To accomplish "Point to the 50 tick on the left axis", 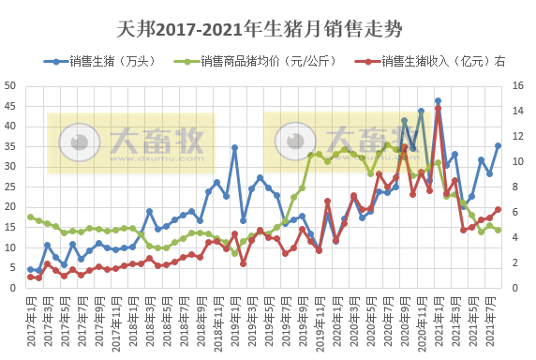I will click(12, 85).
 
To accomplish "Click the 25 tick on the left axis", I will click(12, 187).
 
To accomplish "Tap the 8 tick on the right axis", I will click(518, 187).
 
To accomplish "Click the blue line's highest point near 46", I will click(438, 101).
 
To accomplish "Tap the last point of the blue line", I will click(498, 145).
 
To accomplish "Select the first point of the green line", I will click(30, 217).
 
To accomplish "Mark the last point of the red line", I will click(498, 209).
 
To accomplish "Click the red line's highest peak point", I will click(438, 108).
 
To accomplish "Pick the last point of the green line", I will click(498, 230).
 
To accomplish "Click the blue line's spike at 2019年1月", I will click(234, 147).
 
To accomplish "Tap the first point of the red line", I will click(30, 277).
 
